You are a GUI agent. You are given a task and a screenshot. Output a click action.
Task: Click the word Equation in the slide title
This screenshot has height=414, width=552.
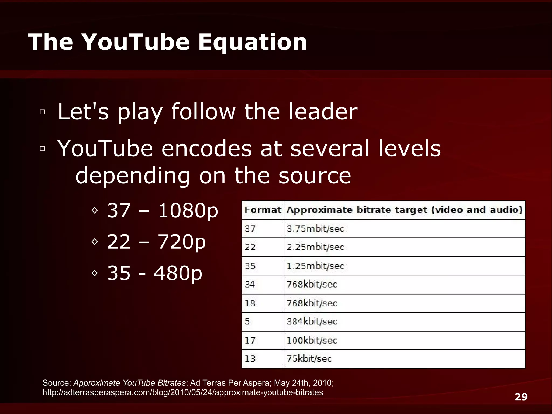(253, 42)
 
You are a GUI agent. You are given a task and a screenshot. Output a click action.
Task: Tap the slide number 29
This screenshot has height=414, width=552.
(521, 397)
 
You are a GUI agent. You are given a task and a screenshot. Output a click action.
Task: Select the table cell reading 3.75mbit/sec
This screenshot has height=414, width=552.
(315, 229)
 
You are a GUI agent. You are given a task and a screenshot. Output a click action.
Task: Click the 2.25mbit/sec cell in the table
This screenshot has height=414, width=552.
(315, 247)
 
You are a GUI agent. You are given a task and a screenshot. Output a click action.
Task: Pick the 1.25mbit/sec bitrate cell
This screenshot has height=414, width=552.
(315, 266)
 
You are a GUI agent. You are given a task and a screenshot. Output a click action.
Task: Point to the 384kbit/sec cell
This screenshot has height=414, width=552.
(312, 321)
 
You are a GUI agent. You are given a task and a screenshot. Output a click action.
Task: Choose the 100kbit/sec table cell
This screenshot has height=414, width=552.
(312, 340)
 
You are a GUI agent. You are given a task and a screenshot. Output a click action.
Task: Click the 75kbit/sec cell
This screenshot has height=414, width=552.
(309, 359)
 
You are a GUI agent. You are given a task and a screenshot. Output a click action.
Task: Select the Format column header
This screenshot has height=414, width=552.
(263, 210)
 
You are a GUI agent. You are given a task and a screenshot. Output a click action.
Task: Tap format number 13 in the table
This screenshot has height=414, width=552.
(250, 359)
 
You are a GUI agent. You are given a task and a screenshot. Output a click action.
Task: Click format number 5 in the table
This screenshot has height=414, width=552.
(247, 321)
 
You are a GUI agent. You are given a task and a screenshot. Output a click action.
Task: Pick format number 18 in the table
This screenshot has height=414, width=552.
(250, 303)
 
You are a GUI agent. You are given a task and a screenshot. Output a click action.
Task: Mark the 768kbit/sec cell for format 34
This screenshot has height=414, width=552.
(312, 284)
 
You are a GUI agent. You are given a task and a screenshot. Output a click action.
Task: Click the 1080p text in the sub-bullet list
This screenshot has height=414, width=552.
(188, 211)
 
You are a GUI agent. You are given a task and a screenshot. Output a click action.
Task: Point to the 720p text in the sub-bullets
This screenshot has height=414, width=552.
(182, 242)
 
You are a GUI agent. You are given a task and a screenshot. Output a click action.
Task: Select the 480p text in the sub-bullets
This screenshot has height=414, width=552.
(178, 273)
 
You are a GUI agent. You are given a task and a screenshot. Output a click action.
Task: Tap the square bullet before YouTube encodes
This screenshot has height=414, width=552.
(42, 149)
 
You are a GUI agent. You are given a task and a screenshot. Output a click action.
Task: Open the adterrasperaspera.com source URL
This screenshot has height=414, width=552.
(183, 392)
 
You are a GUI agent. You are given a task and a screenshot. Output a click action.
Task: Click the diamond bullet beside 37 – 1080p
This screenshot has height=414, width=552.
(94, 210)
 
